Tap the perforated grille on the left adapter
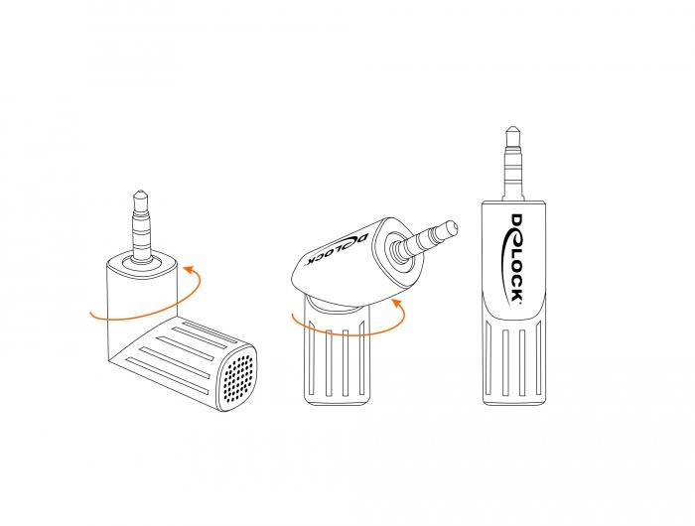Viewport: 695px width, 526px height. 240,378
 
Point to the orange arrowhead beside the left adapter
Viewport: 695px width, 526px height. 189,269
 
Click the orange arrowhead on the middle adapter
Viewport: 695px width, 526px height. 397,304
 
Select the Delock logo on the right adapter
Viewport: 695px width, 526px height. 513,258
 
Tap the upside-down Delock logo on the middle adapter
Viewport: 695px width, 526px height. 338,249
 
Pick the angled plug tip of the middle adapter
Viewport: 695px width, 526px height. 450,228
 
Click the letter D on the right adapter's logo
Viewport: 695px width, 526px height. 517,220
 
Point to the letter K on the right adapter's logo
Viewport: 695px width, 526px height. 516,294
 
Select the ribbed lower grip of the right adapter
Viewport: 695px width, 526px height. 514,360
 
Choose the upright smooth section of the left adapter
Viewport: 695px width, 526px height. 142,306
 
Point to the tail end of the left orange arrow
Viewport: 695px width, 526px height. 90,315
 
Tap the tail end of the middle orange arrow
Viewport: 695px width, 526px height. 293,315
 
